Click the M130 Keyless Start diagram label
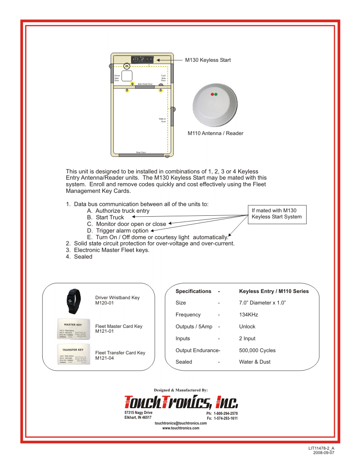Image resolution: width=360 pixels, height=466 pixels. (207, 60)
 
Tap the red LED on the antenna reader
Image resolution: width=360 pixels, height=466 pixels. (212, 94)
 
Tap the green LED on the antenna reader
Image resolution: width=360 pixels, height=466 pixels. (216, 94)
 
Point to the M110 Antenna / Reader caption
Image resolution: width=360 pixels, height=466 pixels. (215, 133)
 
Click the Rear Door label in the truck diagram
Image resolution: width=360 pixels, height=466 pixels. (141, 152)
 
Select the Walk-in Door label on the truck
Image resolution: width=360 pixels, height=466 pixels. (162, 120)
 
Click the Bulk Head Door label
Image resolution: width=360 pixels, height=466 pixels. (145, 84)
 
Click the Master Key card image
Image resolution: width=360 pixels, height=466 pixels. (73, 328)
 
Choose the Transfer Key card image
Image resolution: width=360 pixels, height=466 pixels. (73, 353)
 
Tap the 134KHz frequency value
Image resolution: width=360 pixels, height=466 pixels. (248, 315)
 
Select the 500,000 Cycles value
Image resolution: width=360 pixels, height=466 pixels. (257, 350)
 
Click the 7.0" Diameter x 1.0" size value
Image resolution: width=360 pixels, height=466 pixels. (262, 303)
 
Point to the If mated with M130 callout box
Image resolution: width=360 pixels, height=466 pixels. (277, 214)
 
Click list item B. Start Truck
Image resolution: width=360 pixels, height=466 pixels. (105, 218)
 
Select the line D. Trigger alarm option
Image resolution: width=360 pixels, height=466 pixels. (118, 230)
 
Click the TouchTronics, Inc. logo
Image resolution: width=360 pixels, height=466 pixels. (181, 402)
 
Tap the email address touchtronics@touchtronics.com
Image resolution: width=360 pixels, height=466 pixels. (181, 423)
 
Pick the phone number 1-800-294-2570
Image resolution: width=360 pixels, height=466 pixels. (225, 413)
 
